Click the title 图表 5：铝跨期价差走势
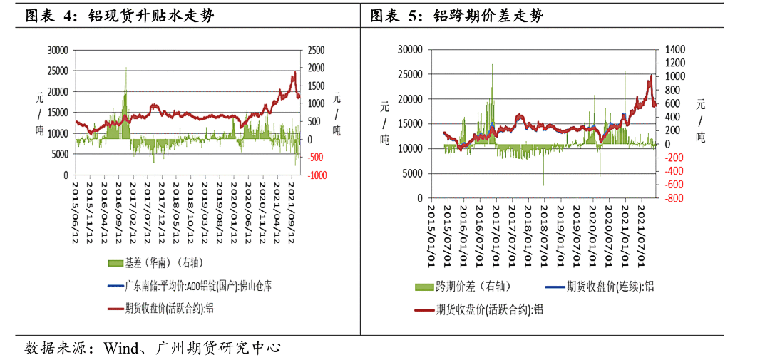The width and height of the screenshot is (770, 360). click(x=456, y=16)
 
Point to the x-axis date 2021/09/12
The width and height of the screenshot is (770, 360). click(x=291, y=212)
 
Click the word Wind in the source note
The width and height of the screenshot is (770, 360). click(x=119, y=348)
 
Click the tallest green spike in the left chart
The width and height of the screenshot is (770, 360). click(x=126, y=69)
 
